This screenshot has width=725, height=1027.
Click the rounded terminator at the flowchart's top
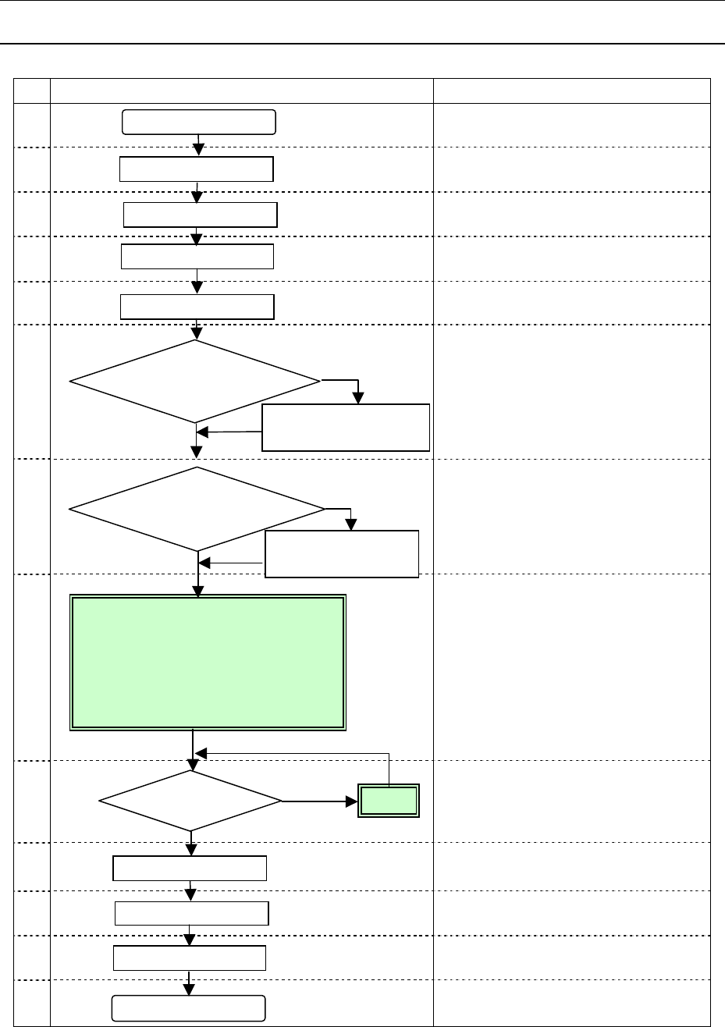tap(199, 123)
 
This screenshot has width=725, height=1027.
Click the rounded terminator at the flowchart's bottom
tap(187, 1008)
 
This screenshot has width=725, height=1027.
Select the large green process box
tap(208, 663)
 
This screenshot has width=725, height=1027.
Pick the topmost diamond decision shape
tap(195, 382)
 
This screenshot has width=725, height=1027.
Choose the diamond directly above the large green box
tap(197, 510)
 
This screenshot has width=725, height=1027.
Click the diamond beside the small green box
tap(190, 801)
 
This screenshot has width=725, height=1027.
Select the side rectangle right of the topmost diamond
tap(346, 427)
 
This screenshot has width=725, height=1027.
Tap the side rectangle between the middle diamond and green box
tap(342, 554)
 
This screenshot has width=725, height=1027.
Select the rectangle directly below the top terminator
tap(196, 169)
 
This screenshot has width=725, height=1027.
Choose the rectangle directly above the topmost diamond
tap(197, 307)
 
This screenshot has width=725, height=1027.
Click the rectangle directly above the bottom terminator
tap(190, 958)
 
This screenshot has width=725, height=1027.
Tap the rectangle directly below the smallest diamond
tap(190, 868)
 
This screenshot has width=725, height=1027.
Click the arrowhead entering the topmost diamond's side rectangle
tap(358, 397)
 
